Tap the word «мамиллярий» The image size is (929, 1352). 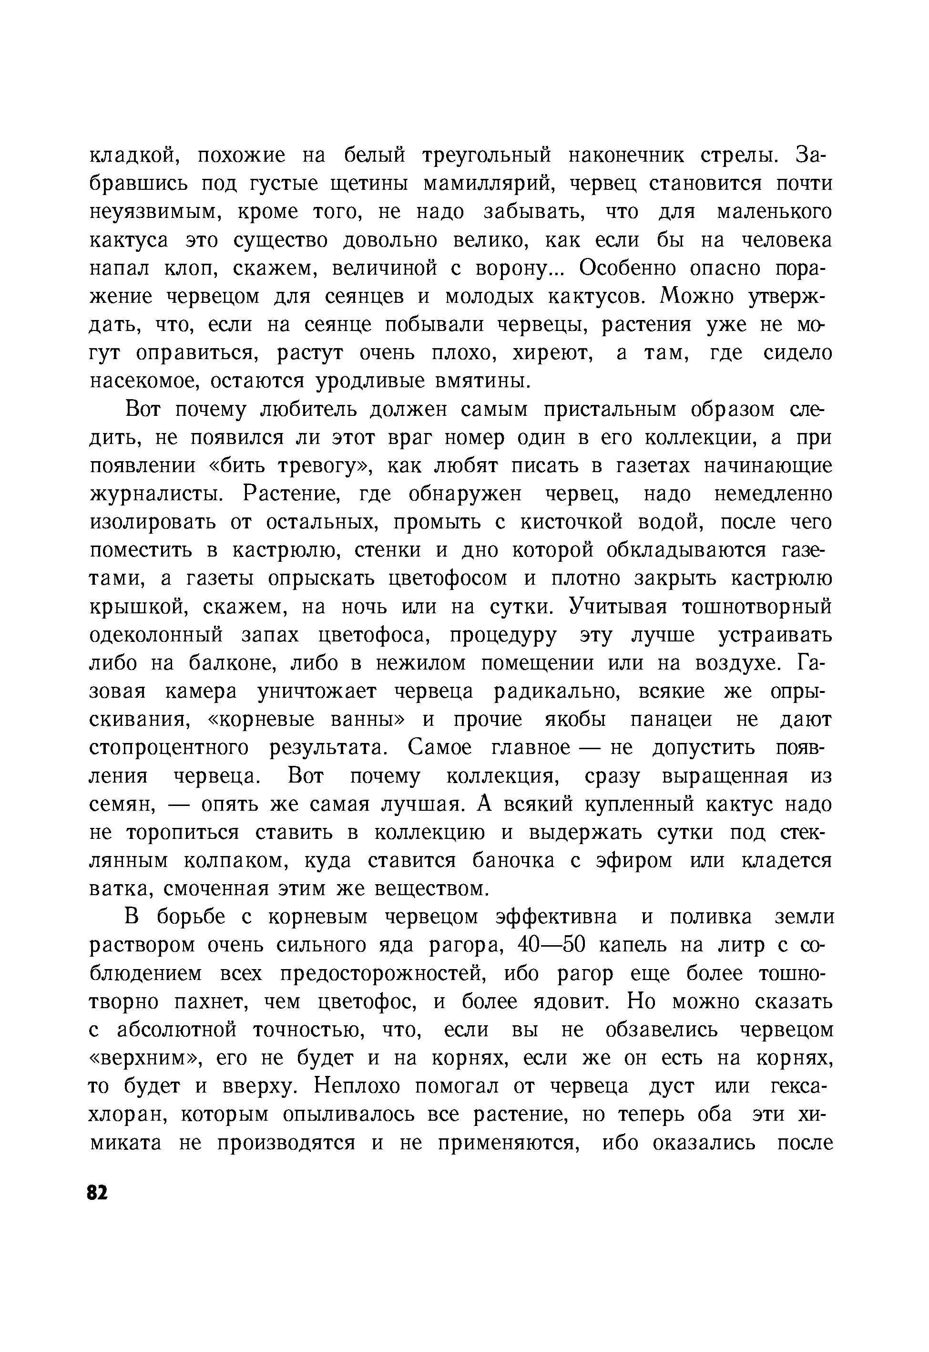(x=490, y=184)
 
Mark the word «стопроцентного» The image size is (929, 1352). (x=169, y=748)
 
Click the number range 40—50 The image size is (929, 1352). (x=550, y=945)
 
